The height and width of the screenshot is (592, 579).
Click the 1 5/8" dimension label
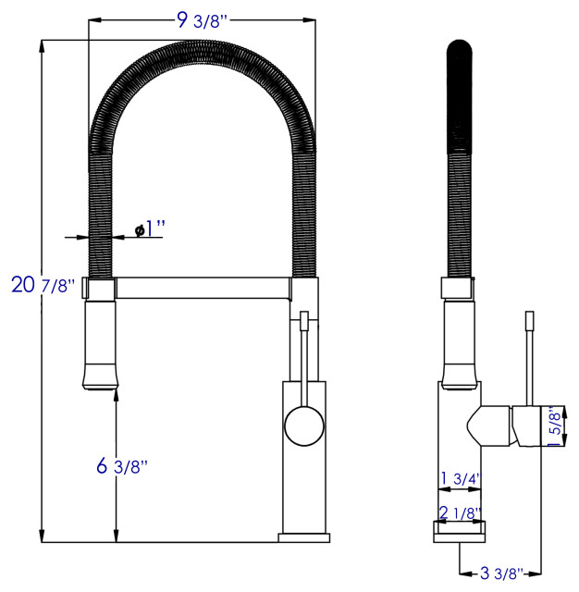554,426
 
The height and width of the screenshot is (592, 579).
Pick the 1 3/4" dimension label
460,478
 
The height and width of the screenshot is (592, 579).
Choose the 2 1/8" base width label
460,512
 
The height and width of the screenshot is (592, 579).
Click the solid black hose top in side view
460,92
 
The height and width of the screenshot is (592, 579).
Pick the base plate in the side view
460,528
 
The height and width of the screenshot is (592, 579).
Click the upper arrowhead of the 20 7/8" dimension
43,45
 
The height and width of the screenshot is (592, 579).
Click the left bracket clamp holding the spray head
100,288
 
